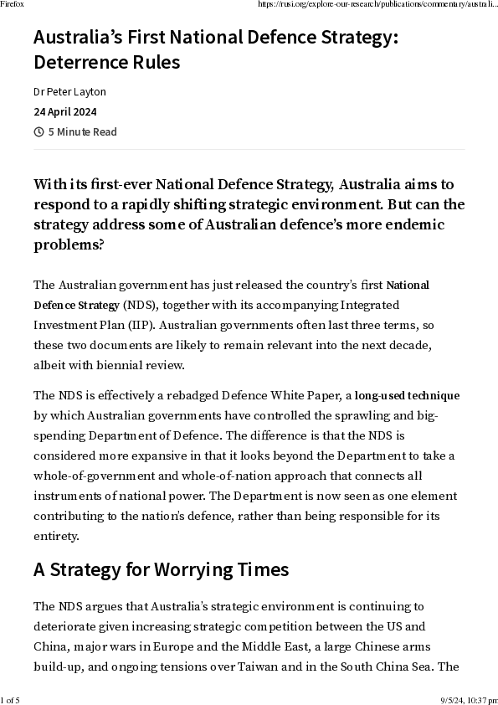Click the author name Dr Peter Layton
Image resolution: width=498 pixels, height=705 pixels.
(69, 91)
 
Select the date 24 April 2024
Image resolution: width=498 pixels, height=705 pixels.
(65, 111)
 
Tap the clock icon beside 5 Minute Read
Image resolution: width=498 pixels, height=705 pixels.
(39, 131)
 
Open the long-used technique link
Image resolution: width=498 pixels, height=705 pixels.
(407, 395)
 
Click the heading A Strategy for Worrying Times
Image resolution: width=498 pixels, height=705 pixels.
(161, 569)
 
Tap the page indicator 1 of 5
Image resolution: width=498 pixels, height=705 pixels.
(11, 699)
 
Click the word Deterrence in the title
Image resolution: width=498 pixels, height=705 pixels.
(71, 63)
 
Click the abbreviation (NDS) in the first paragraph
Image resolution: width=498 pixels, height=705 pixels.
(137, 304)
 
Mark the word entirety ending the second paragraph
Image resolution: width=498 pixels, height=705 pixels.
(56, 535)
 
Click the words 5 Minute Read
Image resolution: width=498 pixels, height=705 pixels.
(82, 131)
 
